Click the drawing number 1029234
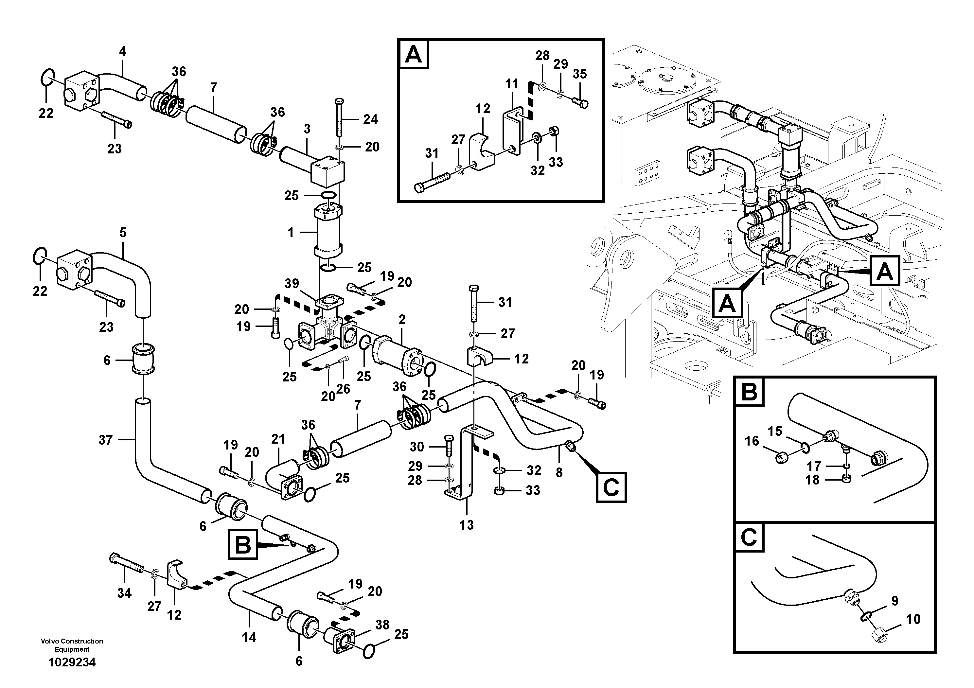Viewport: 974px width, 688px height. click(x=72, y=662)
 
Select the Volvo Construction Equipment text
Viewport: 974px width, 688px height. click(x=72, y=645)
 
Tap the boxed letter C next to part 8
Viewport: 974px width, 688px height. click(x=611, y=488)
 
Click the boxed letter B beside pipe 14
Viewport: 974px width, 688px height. click(x=243, y=545)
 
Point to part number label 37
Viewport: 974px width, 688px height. click(x=106, y=440)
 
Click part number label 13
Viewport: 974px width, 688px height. click(x=466, y=525)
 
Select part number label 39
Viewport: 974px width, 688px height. click(x=292, y=283)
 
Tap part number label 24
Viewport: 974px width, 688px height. click(x=370, y=120)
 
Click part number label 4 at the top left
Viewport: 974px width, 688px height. click(x=123, y=52)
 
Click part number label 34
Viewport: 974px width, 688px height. click(x=124, y=593)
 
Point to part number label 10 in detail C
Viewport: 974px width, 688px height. click(x=913, y=619)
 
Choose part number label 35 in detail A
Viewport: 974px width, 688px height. click(x=579, y=74)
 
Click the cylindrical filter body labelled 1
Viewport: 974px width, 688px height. click(x=328, y=233)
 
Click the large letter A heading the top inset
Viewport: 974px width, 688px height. click(x=414, y=54)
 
